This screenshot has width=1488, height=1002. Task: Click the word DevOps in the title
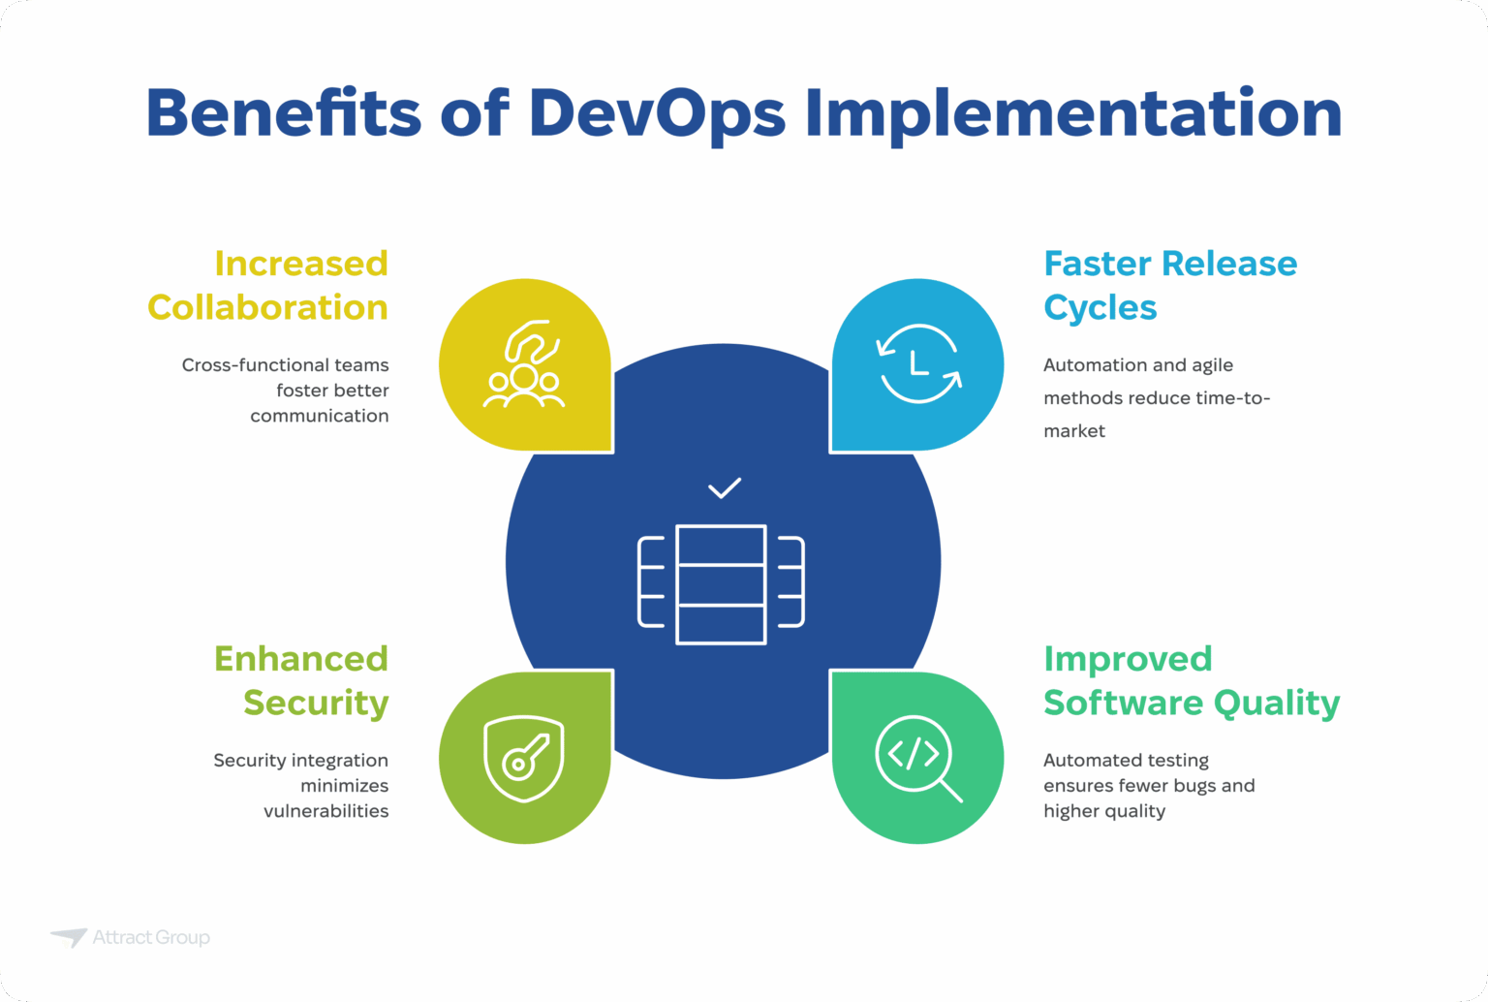pyautogui.click(x=657, y=113)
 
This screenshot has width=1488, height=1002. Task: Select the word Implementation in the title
pyautogui.click(x=1073, y=113)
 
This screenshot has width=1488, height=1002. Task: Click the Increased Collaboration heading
pyautogui.click(x=268, y=285)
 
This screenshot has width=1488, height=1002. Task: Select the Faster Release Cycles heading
pyautogui.click(x=1169, y=285)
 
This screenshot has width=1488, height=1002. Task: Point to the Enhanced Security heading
pyautogui.click(x=301, y=680)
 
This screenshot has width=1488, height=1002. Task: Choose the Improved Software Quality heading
pyautogui.click(x=1191, y=680)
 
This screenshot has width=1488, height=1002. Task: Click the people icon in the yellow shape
pyautogui.click(x=524, y=365)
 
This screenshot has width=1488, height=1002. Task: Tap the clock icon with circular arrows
pyautogui.click(x=918, y=364)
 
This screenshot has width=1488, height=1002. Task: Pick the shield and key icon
pyautogui.click(x=524, y=758)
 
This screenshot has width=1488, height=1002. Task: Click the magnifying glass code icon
pyautogui.click(x=918, y=758)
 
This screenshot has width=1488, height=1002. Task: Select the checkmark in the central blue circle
pyautogui.click(x=724, y=487)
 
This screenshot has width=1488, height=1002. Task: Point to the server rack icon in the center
pyautogui.click(x=722, y=584)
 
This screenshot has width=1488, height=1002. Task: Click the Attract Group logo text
pyautogui.click(x=151, y=937)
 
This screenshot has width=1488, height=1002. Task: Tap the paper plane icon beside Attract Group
pyautogui.click(x=69, y=937)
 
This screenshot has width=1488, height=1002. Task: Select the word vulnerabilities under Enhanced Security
pyautogui.click(x=325, y=811)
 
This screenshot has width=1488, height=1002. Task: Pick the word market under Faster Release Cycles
pyautogui.click(x=1073, y=431)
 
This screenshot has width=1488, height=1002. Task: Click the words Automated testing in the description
pyautogui.click(x=1126, y=761)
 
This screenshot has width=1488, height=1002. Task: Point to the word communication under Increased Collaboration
pyautogui.click(x=319, y=416)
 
